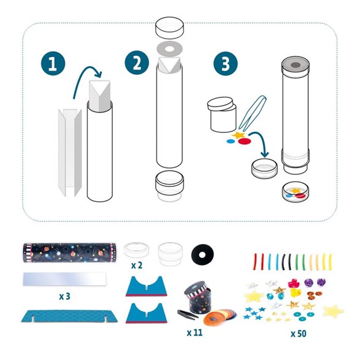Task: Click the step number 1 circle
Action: [53, 63]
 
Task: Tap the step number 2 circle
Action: [137, 63]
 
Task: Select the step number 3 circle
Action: [226, 63]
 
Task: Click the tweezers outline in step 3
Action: [252, 113]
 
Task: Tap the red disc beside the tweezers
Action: [245, 141]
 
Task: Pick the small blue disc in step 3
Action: [231, 141]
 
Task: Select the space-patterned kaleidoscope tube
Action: [69, 253]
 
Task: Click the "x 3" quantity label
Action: [64, 296]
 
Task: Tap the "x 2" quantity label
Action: [137, 266]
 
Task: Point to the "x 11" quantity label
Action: [194, 332]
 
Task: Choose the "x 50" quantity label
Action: [299, 334]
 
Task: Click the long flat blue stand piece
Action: [69, 316]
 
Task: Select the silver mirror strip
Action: [65, 278]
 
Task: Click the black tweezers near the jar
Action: [188, 314]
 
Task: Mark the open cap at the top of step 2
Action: [169, 28]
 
